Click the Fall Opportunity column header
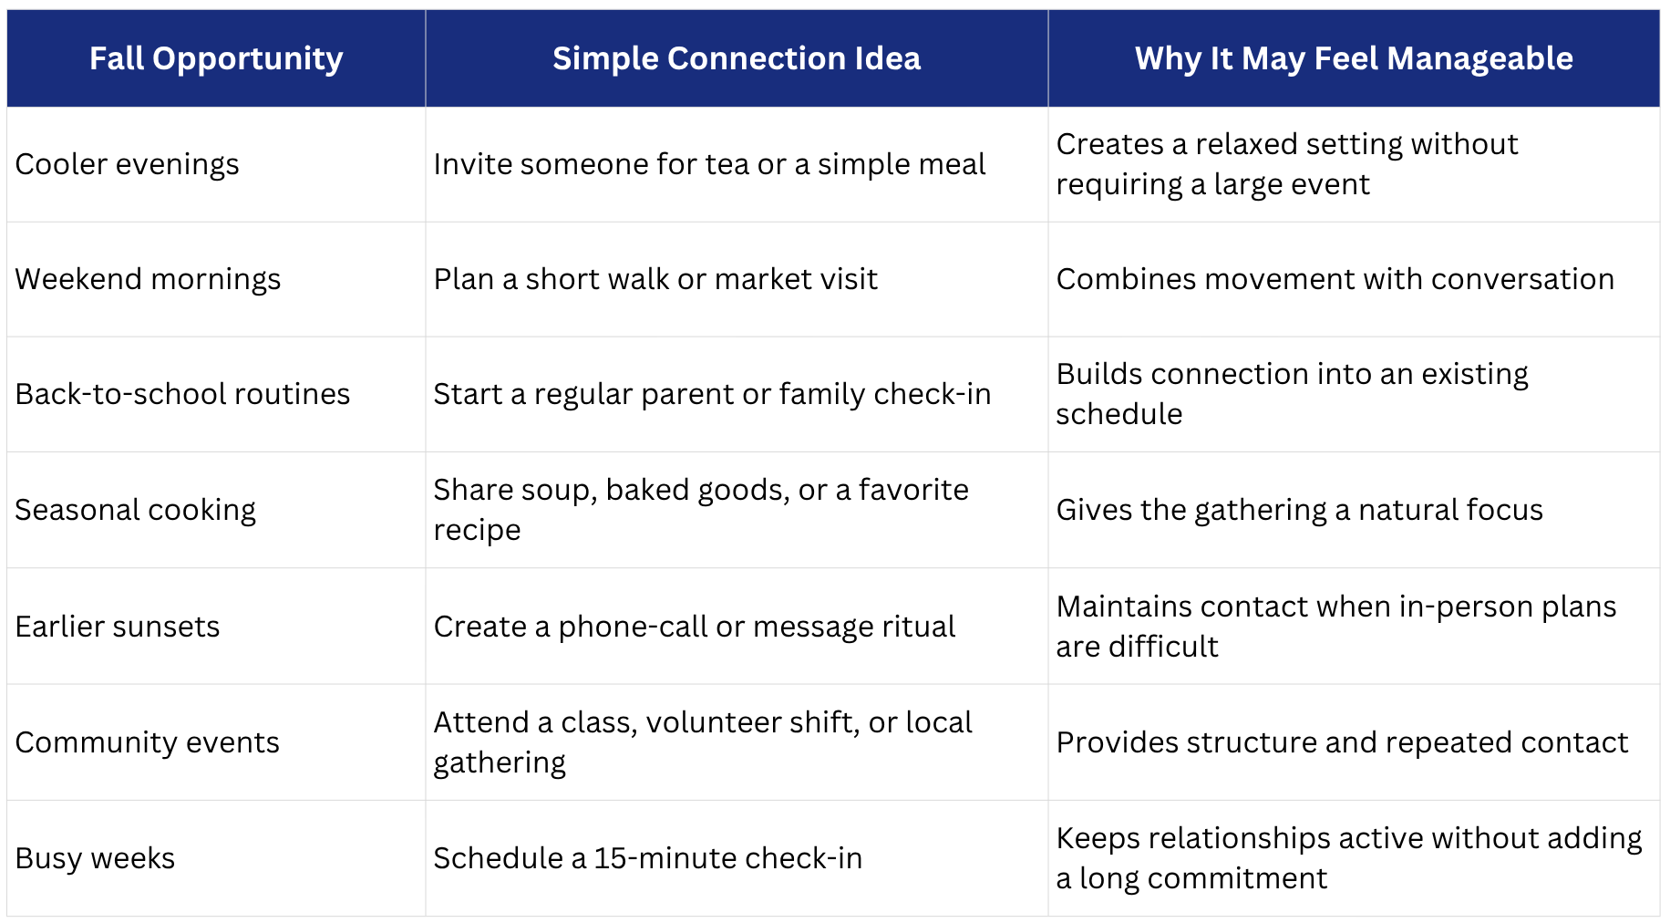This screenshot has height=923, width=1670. tap(216, 59)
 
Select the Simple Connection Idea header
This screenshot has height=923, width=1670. tap(737, 59)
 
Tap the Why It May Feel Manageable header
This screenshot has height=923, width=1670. tap(1354, 59)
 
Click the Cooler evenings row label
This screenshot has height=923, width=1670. tap(127, 164)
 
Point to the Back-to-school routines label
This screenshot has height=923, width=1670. tap(182, 394)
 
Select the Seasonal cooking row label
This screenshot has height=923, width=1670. tap(135, 510)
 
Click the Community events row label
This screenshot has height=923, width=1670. tap(147, 742)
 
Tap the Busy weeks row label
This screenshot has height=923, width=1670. tap(95, 858)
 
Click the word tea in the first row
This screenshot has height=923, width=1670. tap(727, 164)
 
